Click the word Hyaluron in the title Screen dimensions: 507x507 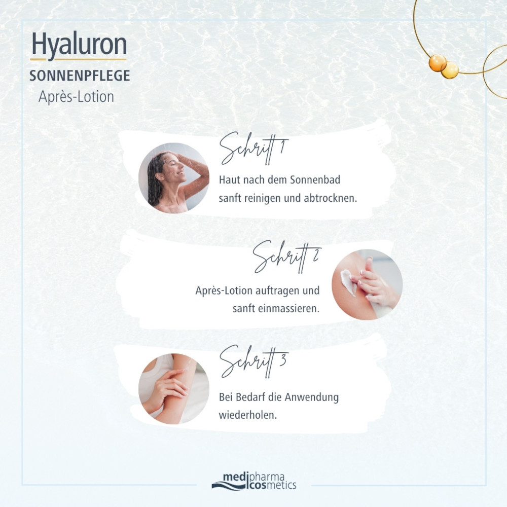(79, 45)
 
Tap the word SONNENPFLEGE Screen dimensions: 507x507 (80, 76)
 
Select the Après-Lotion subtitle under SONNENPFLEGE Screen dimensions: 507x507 (76, 96)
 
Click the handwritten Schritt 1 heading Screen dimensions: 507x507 (253, 148)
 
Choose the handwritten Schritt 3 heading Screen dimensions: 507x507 (253, 361)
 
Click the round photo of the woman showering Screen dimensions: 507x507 (174, 178)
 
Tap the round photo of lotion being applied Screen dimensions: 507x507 (367, 284)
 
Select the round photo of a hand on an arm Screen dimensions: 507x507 (174, 389)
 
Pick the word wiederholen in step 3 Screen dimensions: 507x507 (247, 414)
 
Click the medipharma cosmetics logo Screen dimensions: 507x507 (253, 481)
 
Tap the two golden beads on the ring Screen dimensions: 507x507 (443, 66)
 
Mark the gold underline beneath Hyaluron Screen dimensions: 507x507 (79, 60)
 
